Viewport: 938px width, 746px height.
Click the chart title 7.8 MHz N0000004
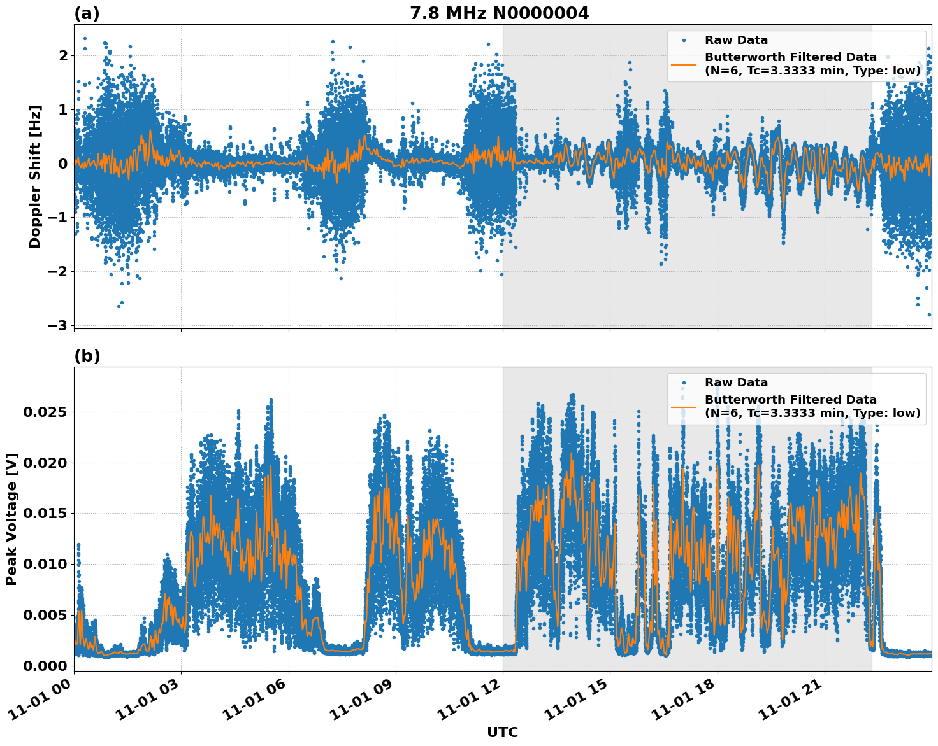499,13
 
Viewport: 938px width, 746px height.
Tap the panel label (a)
87,13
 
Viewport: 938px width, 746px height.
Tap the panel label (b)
87,356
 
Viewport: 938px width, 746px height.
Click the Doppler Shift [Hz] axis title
35,176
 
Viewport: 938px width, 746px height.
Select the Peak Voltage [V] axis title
11,519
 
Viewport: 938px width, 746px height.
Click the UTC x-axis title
502,732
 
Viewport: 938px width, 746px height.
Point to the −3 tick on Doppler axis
58,325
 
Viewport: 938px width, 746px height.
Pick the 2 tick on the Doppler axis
63,55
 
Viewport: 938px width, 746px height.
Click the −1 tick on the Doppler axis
58,218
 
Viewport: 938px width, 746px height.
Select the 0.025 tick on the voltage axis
45,412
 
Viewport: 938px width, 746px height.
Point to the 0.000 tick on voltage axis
45,666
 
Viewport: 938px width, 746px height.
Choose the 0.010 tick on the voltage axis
45,564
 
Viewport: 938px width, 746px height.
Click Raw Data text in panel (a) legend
736,40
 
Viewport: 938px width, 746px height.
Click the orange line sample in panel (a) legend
683,64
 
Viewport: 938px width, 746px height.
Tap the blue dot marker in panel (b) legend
683,383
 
